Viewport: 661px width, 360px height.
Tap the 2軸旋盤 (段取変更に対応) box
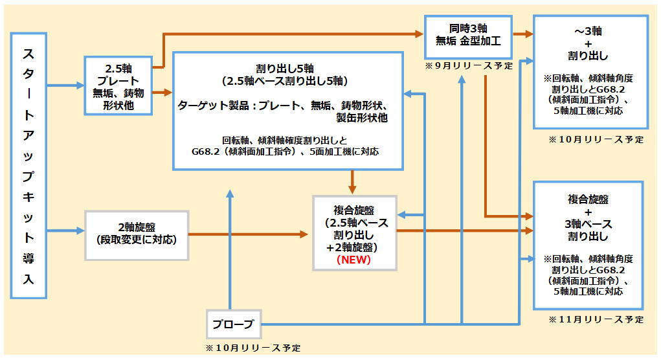[137, 235]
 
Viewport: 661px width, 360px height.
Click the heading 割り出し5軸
[286, 69]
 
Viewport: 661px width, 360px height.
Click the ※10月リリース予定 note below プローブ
[253, 348]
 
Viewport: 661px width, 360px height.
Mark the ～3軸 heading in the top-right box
[590, 31]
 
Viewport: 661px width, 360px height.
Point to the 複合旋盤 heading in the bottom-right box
[588, 198]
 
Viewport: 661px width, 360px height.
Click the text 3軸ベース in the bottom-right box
[589, 224]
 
